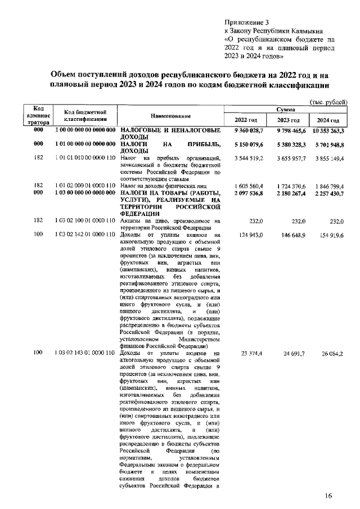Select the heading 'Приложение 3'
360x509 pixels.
(247, 21)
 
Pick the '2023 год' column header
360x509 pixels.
(289, 121)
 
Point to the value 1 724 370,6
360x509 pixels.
(289, 185)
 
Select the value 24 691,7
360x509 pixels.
(292, 353)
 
